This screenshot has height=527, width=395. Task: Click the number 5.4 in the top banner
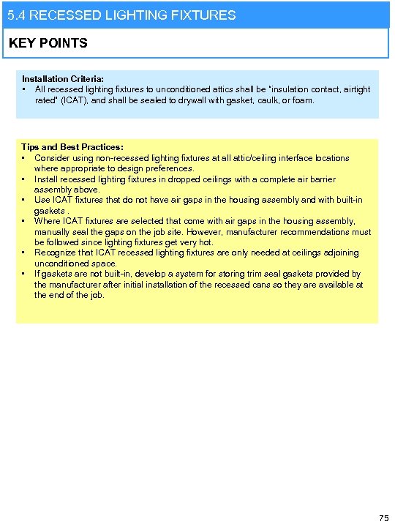click(15, 15)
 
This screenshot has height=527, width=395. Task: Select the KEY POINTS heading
click(48, 43)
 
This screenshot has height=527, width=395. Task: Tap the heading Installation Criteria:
click(63, 78)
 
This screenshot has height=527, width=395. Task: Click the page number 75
click(383, 518)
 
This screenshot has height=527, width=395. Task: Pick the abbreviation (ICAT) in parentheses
click(72, 100)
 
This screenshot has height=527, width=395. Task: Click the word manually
click(53, 232)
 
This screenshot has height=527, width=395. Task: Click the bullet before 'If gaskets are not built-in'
click(25, 274)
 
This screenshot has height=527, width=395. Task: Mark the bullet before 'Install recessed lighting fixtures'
click(25, 179)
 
